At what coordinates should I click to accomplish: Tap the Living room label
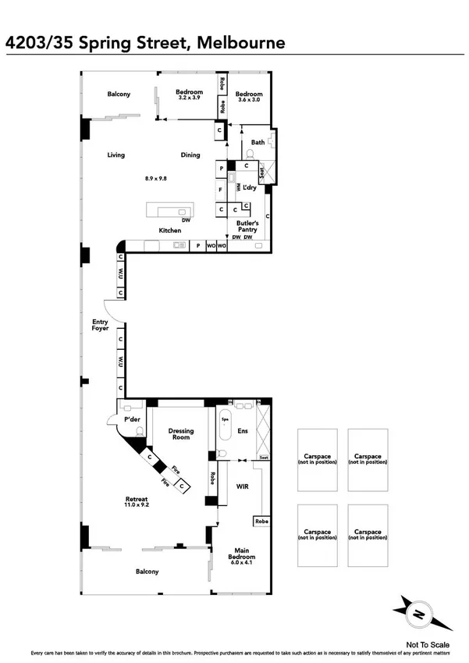pos(116,155)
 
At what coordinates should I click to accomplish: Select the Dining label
pos(190,155)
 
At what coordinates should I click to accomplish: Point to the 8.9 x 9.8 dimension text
pos(156,179)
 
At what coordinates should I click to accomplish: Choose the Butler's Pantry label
pos(247,226)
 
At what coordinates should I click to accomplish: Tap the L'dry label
pos(249,188)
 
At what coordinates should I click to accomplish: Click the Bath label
pos(258,142)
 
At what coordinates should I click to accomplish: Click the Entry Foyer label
pos(99,325)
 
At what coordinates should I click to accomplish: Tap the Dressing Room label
pos(181,434)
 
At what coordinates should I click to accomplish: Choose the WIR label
pos(242,486)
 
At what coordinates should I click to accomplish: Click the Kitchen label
pos(170,230)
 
